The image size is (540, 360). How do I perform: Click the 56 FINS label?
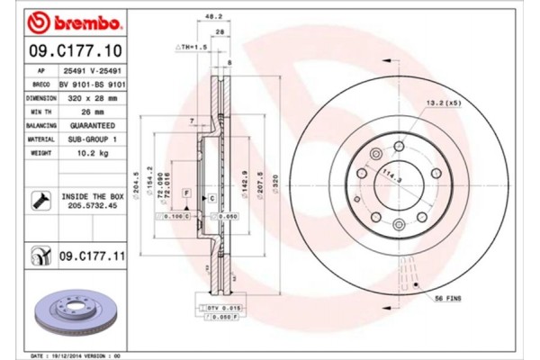tap(447, 298)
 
